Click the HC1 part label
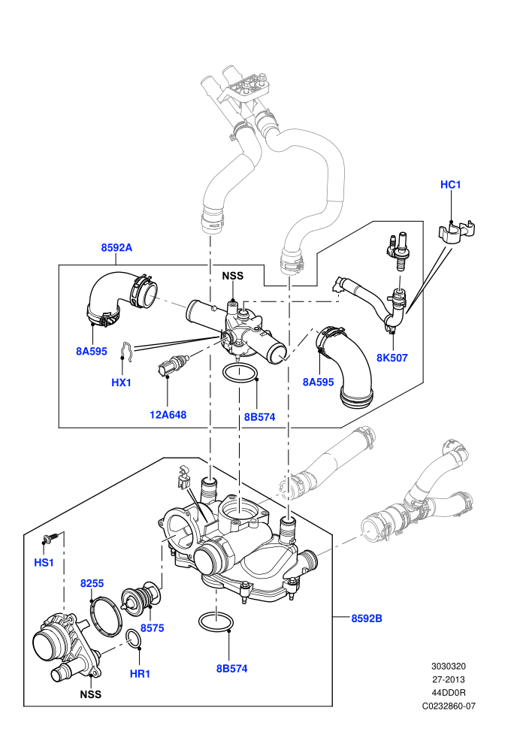click(450, 185)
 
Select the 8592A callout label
click(116, 247)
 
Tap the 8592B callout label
click(367, 618)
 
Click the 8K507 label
click(391, 358)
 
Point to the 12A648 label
click(168, 415)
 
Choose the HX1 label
click(122, 383)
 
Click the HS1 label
click(44, 563)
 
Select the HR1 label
click(140, 674)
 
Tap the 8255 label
click(92, 584)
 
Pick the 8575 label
click(153, 628)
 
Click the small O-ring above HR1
click(134, 639)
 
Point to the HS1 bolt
click(53, 537)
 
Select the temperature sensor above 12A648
click(173, 366)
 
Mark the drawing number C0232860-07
click(449, 706)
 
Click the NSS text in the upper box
click(233, 276)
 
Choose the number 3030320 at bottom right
click(448, 666)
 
